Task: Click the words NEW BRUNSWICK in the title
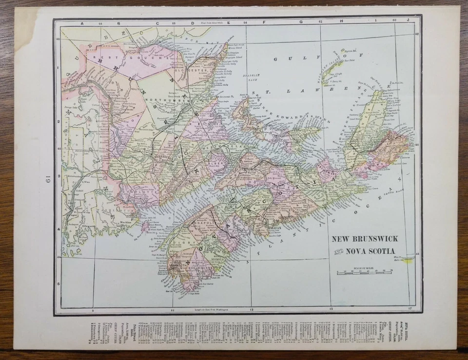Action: (x=365, y=239)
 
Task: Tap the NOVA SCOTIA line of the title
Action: (x=374, y=251)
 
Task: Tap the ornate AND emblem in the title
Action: (x=338, y=251)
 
